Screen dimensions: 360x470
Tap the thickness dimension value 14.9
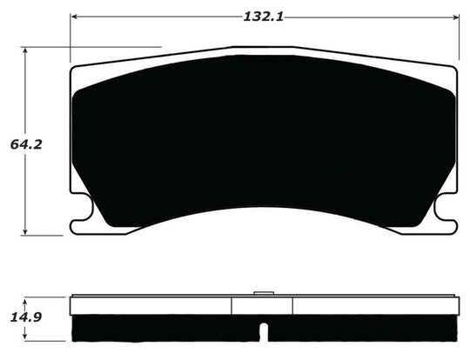click(25, 315)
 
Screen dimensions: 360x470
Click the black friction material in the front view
click(261, 139)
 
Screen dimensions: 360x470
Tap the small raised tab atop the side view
click(262, 293)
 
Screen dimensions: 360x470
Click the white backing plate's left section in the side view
click(152, 305)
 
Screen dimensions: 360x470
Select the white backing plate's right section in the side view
click(374, 305)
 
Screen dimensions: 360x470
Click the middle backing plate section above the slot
click(262, 305)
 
